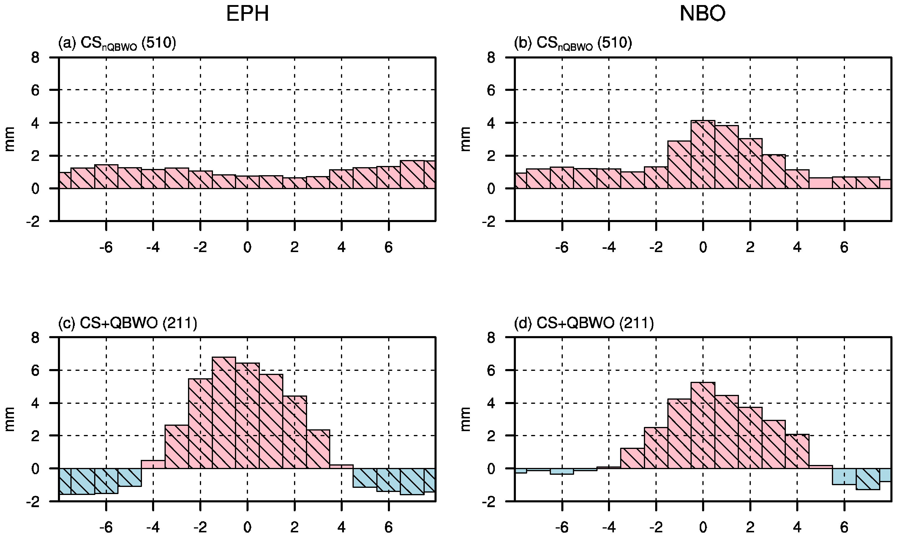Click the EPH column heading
tap(247, 15)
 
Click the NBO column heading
tap(702, 15)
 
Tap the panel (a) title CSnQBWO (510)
tap(117, 44)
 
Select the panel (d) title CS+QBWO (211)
tap(584, 323)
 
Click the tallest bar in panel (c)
tap(224, 413)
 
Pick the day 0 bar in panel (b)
tap(703, 155)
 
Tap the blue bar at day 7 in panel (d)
tap(868, 479)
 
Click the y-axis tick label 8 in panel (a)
tap(35, 58)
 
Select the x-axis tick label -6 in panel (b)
tap(561, 248)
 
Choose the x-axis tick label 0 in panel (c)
tap(247, 528)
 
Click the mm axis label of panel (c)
tap(10, 419)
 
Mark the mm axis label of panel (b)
tap(465, 139)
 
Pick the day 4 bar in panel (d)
tap(797, 451)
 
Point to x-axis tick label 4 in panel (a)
tap(341, 248)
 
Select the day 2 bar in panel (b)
tap(750, 164)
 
